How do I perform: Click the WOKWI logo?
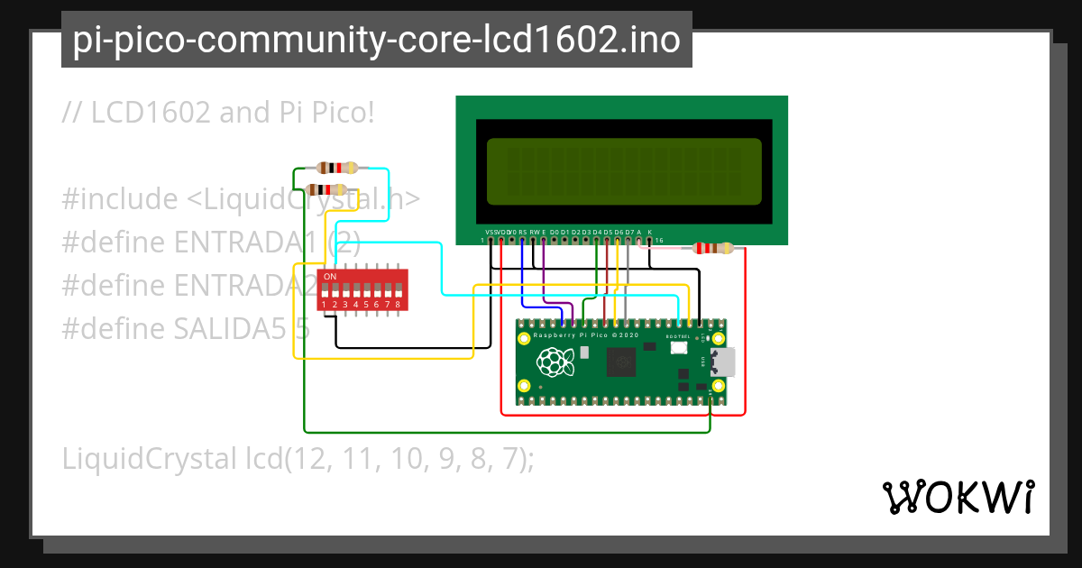pyautogui.click(x=958, y=497)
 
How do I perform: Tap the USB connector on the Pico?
pyautogui.click(x=723, y=362)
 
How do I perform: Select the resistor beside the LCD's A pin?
pyautogui.click(x=712, y=249)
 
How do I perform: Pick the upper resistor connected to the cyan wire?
pyautogui.click(x=336, y=168)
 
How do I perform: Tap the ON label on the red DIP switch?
pyautogui.click(x=330, y=276)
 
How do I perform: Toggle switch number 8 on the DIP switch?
pyautogui.click(x=397, y=291)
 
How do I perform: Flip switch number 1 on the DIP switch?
pyautogui.click(x=324, y=291)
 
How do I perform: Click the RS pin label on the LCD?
pyautogui.click(x=523, y=233)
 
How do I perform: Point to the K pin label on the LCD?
pyautogui.click(x=650, y=233)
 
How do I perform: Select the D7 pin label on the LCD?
pyautogui.click(x=629, y=233)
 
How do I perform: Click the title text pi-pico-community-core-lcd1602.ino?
pyautogui.click(x=376, y=40)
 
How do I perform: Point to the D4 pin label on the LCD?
pyautogui.click(x=597, y=233)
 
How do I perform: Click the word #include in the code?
pyautogui.click(x=120, y=198)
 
